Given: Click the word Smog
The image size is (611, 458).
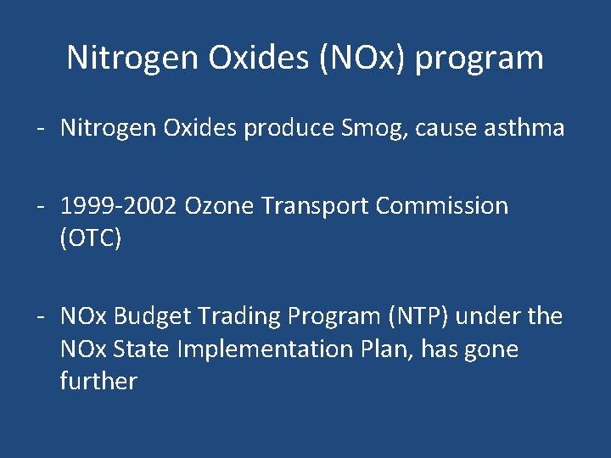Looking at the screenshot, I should (x=368, y=129).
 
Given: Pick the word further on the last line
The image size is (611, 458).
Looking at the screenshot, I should (x=98, y=382).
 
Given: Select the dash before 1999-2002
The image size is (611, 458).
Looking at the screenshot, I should (x=40, y=206).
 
